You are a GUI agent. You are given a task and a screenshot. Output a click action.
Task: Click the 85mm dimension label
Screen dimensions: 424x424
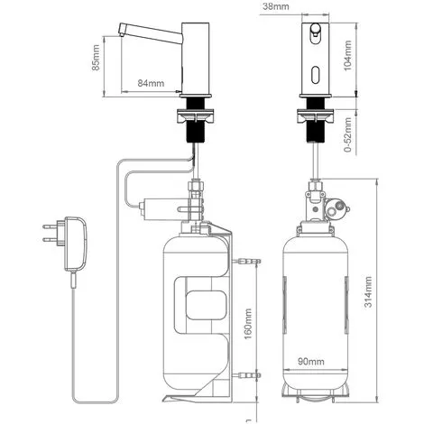(x=96, y=58)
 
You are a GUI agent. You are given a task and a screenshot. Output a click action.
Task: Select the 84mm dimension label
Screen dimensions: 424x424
(x=151, y=83)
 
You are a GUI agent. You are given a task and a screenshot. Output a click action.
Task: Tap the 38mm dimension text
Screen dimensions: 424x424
(x=276, y=6)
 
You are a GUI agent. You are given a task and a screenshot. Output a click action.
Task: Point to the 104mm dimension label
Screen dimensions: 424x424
(x=347, y=56)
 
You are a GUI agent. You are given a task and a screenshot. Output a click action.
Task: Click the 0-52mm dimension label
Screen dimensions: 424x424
(x=347, y=134)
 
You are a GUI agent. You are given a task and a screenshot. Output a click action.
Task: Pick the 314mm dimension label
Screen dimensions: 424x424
(x=368, y=291)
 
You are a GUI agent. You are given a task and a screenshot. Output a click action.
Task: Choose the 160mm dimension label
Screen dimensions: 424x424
(x=248, y=324)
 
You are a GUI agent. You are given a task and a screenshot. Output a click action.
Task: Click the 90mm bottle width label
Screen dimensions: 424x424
(x=311, y=361)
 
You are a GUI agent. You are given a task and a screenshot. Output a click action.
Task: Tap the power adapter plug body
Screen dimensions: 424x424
(x=76, y=244)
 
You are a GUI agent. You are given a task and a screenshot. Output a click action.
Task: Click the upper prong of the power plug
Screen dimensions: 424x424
(x=50, y=226)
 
